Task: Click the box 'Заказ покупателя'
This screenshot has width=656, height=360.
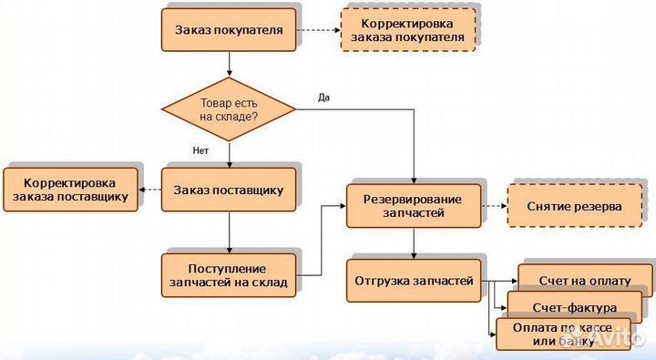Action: pyautogui.click(x=229, y=30)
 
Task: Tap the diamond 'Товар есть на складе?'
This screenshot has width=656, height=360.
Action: pyautogui.click(x=229, y=110)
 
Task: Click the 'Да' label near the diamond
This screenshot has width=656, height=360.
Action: pyautogui.click(x=323, y=96)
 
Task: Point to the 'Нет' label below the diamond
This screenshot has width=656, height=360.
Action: pyautogui.click(x=201, y=149)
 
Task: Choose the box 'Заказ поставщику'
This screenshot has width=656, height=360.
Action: pyautogui.click(x=229, y=190)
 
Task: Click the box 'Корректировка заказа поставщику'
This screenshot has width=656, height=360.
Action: pyautogui.click(x=71, y=190)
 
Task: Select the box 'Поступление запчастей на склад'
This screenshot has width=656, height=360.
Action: pyautogui.click(x=229, y=275)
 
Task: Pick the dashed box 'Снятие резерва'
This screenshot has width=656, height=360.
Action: pyautogui.click(x=574, y=207)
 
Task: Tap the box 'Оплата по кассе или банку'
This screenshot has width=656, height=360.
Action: pyautogui.click(x=556, y=334)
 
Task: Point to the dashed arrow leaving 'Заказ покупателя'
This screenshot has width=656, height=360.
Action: pyautogui.click(x=318, y=30)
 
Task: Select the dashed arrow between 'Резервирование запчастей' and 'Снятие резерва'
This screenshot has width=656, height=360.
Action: pyautogui.click(x=494, y=207)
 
